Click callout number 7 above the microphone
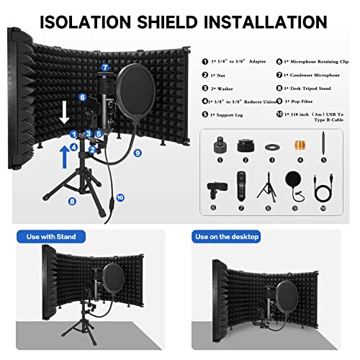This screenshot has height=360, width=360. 105,67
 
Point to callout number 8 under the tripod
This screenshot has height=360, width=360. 72,202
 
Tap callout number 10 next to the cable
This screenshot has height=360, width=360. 120,197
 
